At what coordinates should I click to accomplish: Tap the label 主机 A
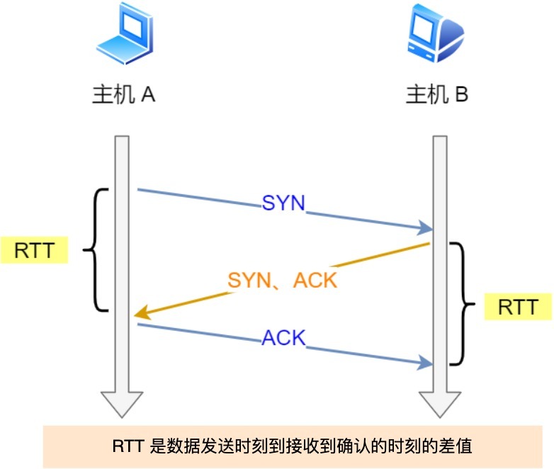pyautogui.click(x=123, y=95)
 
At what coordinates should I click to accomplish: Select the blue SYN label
pyautogui.click(x=283, y=204)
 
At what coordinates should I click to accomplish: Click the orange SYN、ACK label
pyautogui.click(x=282, y=280)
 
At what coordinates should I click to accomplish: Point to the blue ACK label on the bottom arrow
pyautogui.click(x=283, y=339)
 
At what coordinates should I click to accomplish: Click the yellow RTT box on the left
pyautogui.click(x=34, y=250)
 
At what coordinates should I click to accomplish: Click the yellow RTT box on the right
pyautogui.click(x=517, y=307)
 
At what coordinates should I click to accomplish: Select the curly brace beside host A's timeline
pyautogui.click(x=97, y=249)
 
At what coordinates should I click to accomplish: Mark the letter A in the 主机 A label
pyautogui.click(x=148, y=95)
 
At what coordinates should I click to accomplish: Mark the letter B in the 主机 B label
pyautogui.click(x=461, y=95)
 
